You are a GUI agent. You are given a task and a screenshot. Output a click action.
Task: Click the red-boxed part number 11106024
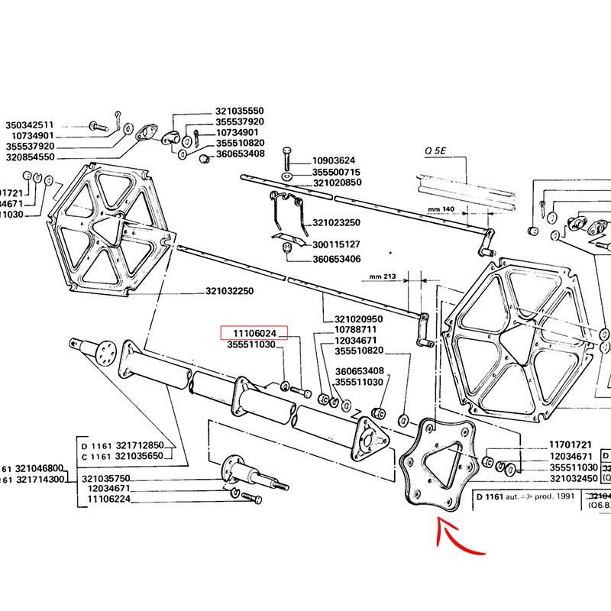coord(254,334)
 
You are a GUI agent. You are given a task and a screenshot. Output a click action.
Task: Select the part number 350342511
coord(30,125)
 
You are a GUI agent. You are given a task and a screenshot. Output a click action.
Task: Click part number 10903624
coord(335,161)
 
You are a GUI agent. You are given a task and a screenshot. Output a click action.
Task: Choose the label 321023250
coord(337,222)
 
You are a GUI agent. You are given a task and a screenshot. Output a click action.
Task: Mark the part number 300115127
coord(337,244)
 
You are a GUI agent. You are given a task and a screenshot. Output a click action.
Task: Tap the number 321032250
coord(229,292)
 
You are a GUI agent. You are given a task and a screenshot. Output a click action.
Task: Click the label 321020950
coord(359,318)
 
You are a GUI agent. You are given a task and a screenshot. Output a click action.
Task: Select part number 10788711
coord(356,329)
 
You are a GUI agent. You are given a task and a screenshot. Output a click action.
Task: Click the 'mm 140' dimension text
coord(441,209)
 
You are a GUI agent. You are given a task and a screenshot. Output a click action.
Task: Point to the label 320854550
coord(30,157)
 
